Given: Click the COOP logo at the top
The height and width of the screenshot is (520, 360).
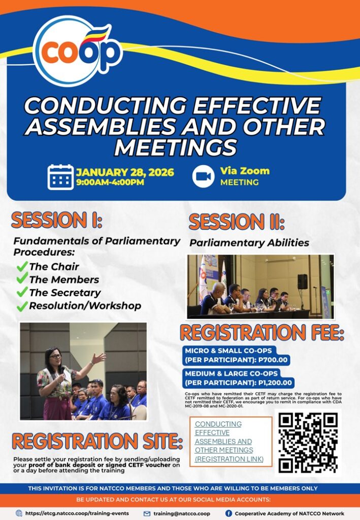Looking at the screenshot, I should pyautogui.click(x=76, y=51).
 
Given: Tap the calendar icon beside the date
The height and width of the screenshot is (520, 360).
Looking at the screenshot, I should pyautogui.click(x=60, y=177).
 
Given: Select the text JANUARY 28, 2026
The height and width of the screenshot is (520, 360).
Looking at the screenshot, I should pyautogui.click(x=125, y=172).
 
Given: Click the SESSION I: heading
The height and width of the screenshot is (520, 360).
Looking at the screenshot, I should pyautogui.click(x=57, y=220).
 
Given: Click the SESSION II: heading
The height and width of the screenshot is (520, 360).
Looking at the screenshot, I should pyautogui.click(x=236, y=222).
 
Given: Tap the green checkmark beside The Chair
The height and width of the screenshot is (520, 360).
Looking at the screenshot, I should pyautogui.click(x=22, y=266).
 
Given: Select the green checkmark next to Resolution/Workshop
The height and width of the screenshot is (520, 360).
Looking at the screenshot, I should pyautogui.click(x=22, y=306).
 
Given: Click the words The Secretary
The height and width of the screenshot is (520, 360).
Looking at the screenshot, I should pyautogui.click(x=64, y=293).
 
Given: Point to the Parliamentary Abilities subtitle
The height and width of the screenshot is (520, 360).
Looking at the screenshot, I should pyautogui.click(x=249, y=243).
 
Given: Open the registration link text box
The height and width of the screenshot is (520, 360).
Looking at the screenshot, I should pyautogui.click(x=231, y=441).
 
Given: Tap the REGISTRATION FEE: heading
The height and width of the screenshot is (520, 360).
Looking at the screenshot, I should pyautogui.click(x=262, y=333).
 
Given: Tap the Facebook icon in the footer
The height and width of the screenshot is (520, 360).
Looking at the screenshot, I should pyautogui.click(x=228, y=513).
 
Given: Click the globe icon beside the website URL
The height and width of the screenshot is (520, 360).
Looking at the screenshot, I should pyautogui.click(x=19, y=513).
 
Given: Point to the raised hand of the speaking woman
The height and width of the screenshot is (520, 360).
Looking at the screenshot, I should pyautogui.click(x=100, y=358).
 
